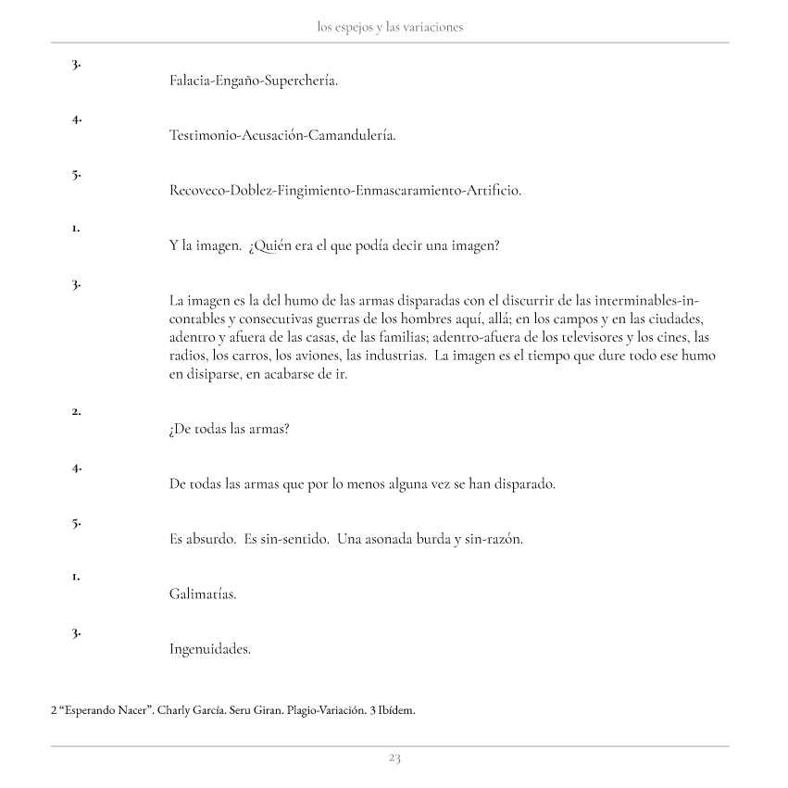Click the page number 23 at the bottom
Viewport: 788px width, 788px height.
pyautogui.click(x=394, y=758)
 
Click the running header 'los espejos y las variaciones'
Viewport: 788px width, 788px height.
pyautogui.click(x=390, y=28)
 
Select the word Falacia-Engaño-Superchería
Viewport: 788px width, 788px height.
pyautogui.click(x=254, y=81)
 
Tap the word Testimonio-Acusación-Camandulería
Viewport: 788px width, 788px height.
pyautogui.click(x=282, y=136)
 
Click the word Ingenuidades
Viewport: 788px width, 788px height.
pyautogui.click(x=210, y=649)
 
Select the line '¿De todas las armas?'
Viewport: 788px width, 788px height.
pyautogui.click(x=230, y=430)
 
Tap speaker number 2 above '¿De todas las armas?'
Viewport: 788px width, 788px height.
pyautogui.click(x=76, y=411)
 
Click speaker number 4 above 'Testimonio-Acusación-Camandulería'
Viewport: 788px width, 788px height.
pyautogui.click(x=76, y=119)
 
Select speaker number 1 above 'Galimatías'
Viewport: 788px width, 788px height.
pyautogui.click(x=76, y=576)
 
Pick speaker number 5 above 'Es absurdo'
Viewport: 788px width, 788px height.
pyautogui.click(x=76, y=522)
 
